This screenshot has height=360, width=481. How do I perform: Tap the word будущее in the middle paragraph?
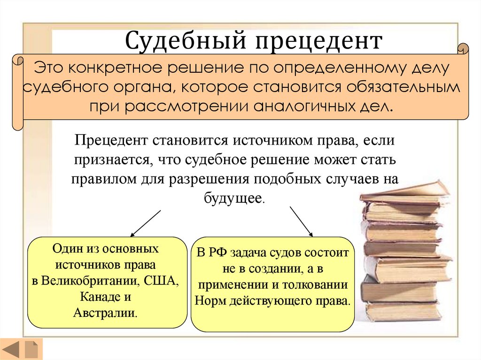pyautogui.click(x=233, y=198)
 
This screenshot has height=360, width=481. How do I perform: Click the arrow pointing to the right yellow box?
pyautogui.click(x=301, y=220)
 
